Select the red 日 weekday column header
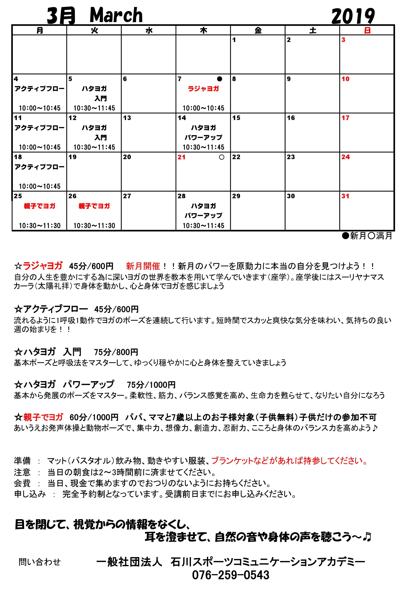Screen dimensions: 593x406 click(x=367, y=31)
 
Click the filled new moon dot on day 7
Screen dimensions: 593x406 click(x=220, y=79)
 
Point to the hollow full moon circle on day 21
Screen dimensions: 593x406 click(x=221, y=157)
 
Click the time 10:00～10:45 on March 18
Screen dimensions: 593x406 click(x=39, y=186)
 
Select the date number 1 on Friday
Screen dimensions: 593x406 click(x=234, y=40)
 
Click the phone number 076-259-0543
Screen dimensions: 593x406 click(x=230, y=575)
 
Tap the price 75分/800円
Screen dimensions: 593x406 click(x=116, y=352)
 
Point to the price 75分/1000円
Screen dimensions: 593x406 click(x=151, y=385)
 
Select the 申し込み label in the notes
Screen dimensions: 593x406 click(x=30, y=494)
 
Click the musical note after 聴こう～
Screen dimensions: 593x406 click(x=367, y=537)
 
